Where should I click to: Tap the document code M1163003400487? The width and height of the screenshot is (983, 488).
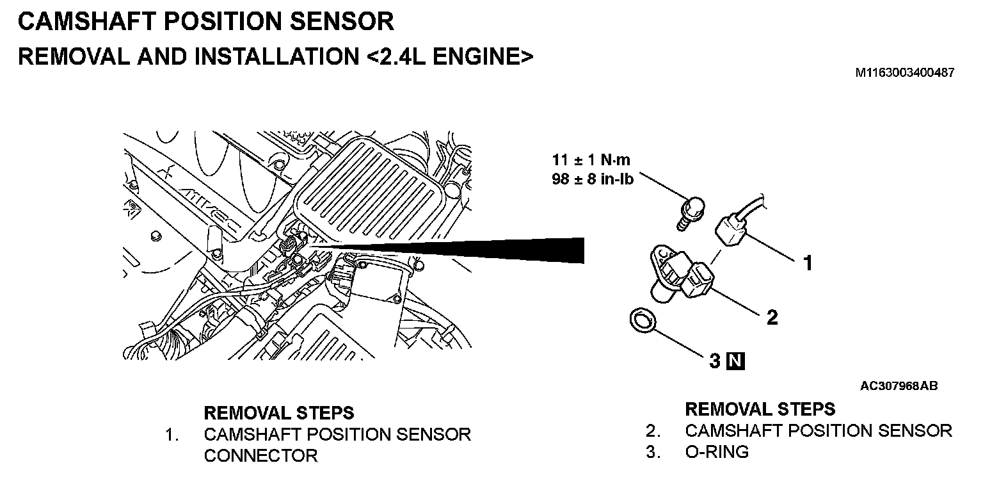[x=905, y=73]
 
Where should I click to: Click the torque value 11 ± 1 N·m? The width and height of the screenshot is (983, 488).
[x=591, y=161]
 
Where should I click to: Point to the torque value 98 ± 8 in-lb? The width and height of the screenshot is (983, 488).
[x=592, y=179]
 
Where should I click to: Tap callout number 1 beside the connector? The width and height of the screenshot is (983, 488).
[x=808, y=263]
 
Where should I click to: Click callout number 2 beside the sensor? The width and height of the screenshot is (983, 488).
[x=772, y=316]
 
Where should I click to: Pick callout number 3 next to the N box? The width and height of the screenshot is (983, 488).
[x=715, y=362]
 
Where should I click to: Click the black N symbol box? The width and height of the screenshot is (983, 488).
[x=736, y=362]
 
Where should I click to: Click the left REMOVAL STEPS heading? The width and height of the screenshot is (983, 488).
[x=278, y=412]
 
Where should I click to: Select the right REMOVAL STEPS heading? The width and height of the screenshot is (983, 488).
[x=760, y=409]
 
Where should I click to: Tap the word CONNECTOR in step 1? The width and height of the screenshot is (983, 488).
[x=260, y=456]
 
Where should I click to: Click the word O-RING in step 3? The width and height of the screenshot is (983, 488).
[x=716, y=451]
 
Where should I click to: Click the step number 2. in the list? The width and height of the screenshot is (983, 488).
[x=653, y=430]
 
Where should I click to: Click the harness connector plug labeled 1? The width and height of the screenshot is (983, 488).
[x=731, y=229]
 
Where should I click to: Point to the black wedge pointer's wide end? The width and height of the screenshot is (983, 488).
[x=579, y=250]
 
